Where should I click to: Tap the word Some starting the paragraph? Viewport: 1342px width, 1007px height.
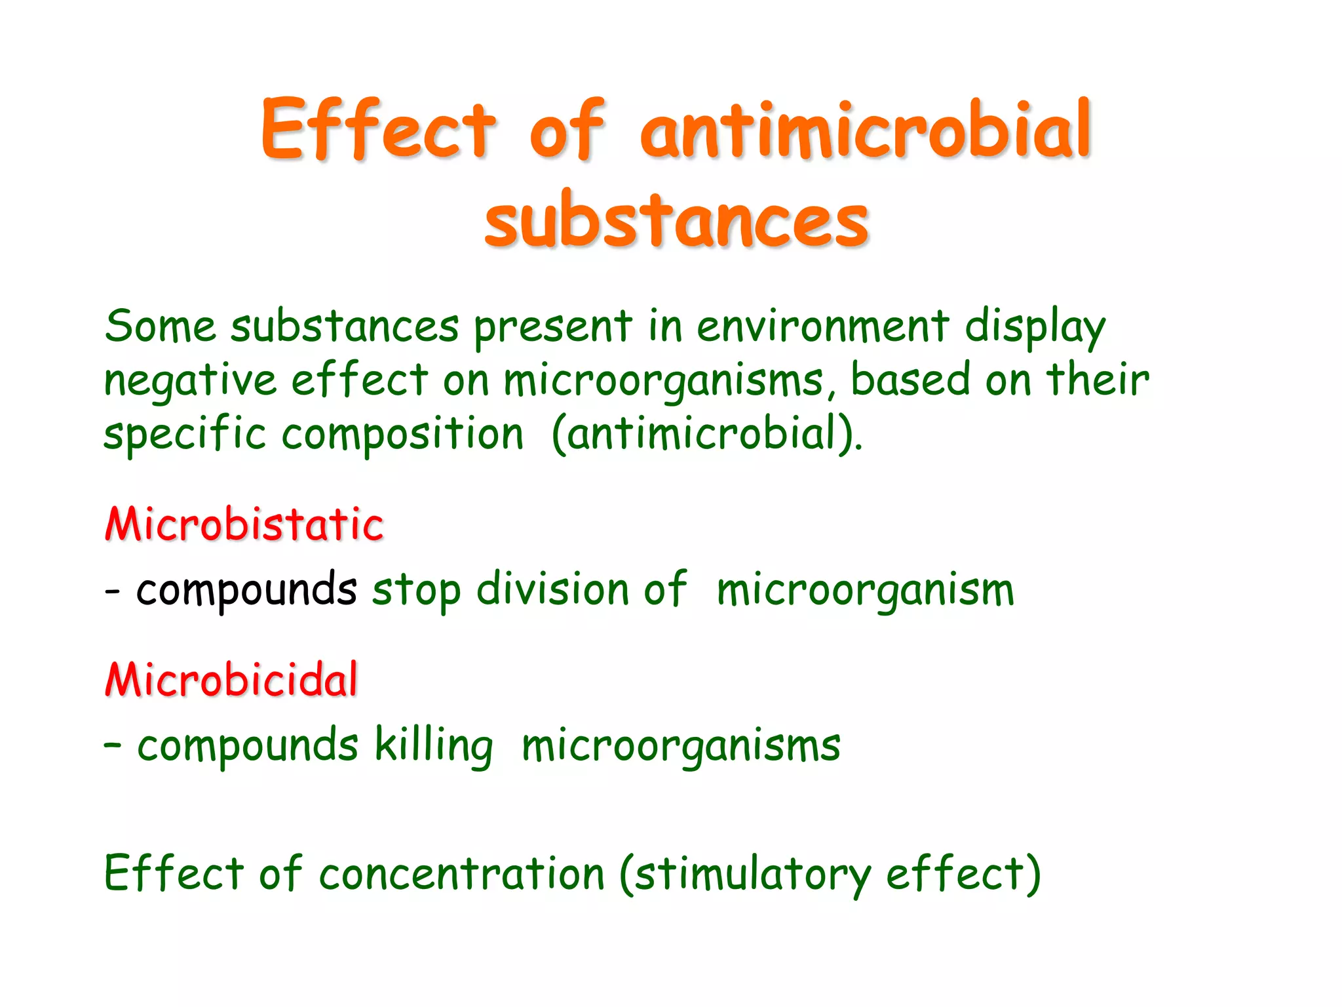click(x=160, y=326)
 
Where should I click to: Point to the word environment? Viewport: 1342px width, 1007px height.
click(x=822, y=326)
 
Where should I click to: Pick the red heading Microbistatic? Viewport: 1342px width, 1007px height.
click(x=244, y=524)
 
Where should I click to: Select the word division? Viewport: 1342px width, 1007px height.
click(x=552, y=589)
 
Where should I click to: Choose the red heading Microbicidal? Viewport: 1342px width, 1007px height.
click(x=231, y=679)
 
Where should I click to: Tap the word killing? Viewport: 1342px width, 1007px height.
click(x=433, y=746)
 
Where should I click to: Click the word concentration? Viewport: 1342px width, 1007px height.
click(x=461, y=874)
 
